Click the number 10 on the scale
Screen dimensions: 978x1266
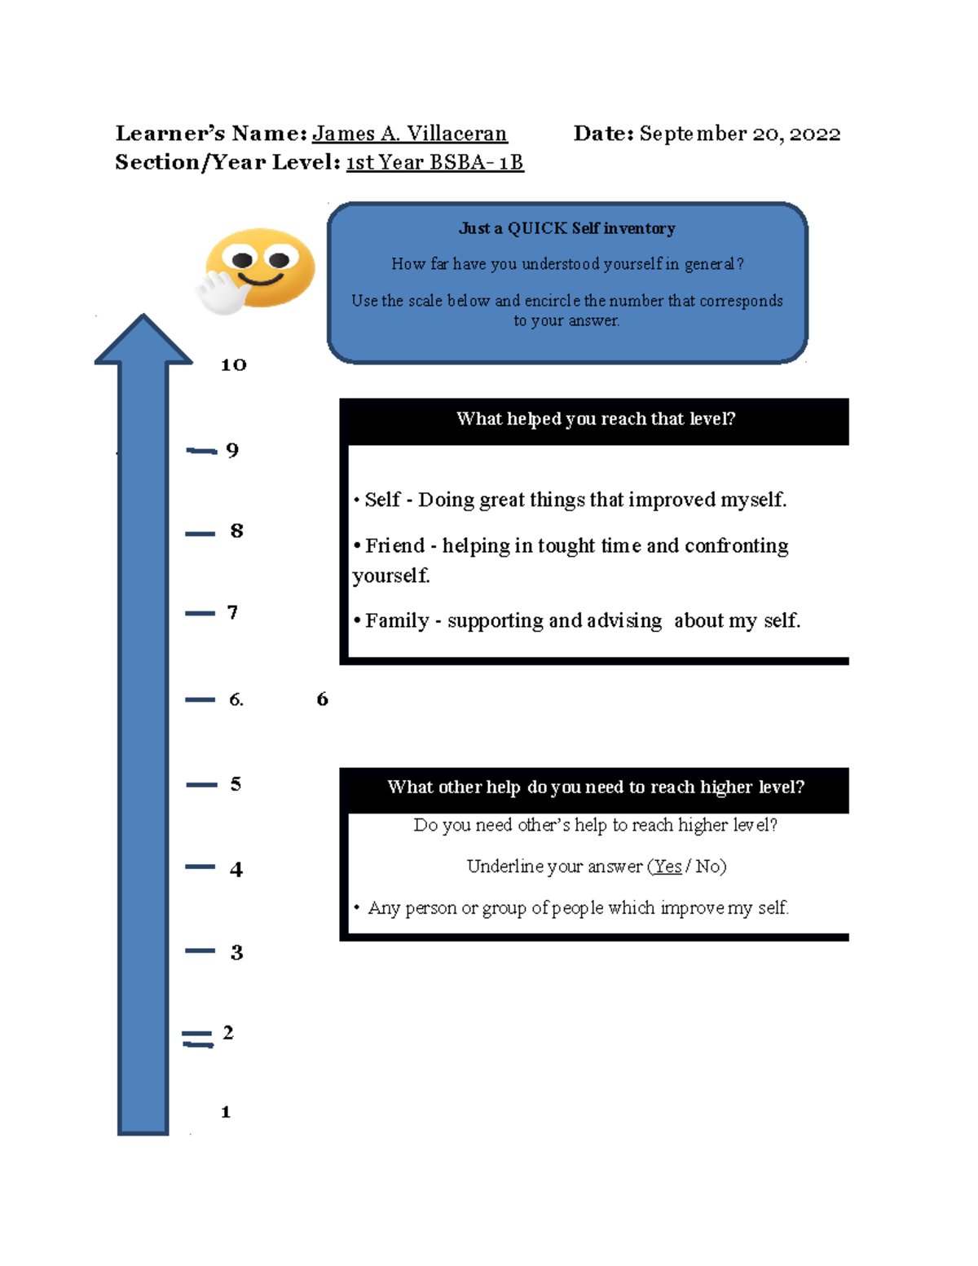click(x=234, y=364)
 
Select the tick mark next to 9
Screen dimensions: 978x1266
click(x=201, y=450)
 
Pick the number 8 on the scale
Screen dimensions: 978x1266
click(x=236, y=530)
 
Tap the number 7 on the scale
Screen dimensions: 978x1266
click(x=232, y=612)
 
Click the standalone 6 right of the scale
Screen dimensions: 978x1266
click(x=322, y=699)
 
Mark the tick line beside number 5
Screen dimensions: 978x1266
click(x=201, y=785)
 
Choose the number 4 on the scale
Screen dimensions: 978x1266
click(x=236, y=869)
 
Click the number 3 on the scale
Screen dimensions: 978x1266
click(x=236, y=952)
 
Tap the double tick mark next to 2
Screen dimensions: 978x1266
click(x=198, y=1039)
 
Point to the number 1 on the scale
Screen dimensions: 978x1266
click(x=226, y=1112)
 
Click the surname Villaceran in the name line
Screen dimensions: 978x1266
click(x=456, y=134)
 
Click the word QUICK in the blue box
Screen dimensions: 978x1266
click(x=536, y=227)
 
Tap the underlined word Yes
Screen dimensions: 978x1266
click(x=667, y=867)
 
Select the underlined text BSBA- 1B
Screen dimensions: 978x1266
click(x=477, y=162)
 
